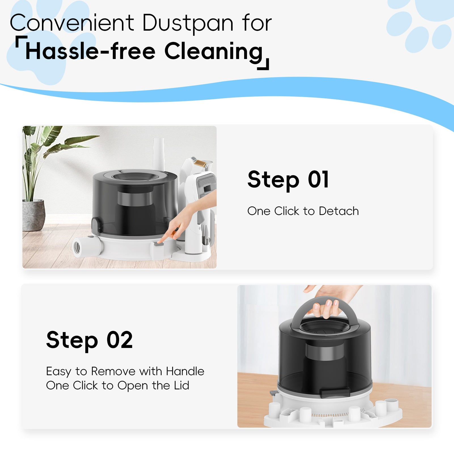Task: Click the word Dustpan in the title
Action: click(188, 23)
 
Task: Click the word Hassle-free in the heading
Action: click(90, 51)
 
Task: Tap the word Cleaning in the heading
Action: click(214, 51)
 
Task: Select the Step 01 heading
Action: click(288, 180)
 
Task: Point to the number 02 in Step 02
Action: click(120, 340)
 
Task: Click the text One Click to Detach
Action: click(303, 211)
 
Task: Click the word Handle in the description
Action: click(185, 371)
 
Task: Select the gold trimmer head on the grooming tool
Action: click(200, 163)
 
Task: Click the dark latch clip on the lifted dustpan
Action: click(334, 393)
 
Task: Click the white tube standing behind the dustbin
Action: click(159, 153)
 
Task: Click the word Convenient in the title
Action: click(72, 23)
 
